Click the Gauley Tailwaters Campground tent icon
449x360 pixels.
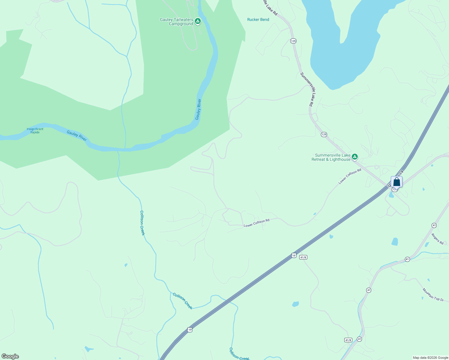tap(197, 21)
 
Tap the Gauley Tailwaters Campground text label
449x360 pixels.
tap(176, 22)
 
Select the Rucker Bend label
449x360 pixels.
tap(258, 19)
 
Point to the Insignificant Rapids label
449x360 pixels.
tap(35, 130)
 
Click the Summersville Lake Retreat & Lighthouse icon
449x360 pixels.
tap(355, 157)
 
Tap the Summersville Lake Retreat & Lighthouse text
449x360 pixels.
tap(331, 157)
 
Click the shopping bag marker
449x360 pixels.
tap(396, 182)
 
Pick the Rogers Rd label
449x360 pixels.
tap(437, 238)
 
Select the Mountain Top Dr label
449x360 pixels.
tap(433, 295)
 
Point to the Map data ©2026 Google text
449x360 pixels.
tap(430, 358)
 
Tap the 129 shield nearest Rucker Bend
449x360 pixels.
tap(293, 41)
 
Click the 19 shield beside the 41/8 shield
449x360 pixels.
tap(294, 255)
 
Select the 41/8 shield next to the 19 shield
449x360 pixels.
tap(303, 257)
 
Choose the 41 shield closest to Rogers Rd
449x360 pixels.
tap(434, 225)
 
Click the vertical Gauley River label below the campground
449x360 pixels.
tap(198, 109)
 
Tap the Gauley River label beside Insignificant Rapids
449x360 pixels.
tap(77, 136)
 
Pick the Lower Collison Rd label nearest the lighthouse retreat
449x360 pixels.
tap(350, 176)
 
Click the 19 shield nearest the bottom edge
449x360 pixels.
tap(189, 330)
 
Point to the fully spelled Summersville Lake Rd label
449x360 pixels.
tap(307, 89)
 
